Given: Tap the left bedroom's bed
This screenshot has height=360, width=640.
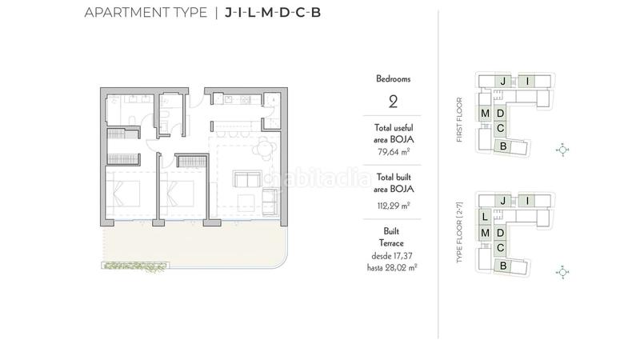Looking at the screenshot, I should (x=126, y=194).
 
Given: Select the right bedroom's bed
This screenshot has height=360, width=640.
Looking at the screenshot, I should (x=182, y=195).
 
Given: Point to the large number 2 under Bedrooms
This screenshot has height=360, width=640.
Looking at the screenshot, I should (x=393, y=102).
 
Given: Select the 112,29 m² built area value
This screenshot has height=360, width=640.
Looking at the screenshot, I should (x=393, y=204).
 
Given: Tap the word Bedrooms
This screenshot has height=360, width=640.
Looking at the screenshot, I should (x=393, y=79).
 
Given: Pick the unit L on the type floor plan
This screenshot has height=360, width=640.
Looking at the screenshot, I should (x=486, y=216).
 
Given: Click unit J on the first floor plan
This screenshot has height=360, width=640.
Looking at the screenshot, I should (x=502, y=82).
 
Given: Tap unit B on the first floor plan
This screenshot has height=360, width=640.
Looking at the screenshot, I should (x=503, y=146).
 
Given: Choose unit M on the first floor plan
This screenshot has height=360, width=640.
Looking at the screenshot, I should (x=486, y=114).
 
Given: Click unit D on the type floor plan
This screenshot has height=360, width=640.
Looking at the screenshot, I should (x=501, y=233).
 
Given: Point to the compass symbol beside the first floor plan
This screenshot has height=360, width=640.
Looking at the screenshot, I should (x=562, y=150).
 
